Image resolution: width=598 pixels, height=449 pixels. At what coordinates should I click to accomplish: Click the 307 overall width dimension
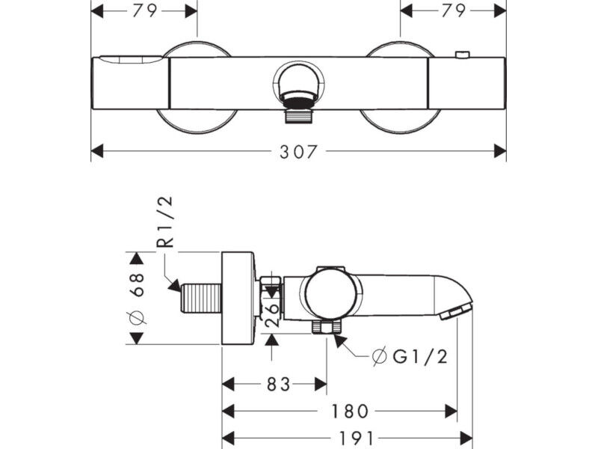coord(298,152)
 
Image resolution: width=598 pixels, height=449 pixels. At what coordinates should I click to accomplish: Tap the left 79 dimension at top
coord(144,10)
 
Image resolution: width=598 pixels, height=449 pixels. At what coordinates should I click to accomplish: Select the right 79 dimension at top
coord(454,10)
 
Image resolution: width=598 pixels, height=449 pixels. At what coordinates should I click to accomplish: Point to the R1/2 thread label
coord(165,222)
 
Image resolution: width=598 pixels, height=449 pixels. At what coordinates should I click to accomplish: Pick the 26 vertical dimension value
coord(274,315)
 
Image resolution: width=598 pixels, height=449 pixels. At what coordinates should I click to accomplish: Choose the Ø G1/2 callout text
coord(409,358)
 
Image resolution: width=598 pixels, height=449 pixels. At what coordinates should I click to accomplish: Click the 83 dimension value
coord(278,385)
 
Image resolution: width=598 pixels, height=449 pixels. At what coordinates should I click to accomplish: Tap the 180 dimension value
coord(350,412)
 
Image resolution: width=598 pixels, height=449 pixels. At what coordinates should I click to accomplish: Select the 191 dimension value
coord(355,438)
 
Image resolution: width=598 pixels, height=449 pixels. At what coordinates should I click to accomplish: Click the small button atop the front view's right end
coord(463,54)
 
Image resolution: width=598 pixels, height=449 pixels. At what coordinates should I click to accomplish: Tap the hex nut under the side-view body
coord(327,328)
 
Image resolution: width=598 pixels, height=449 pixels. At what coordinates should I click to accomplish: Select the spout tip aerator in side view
coord(456,312)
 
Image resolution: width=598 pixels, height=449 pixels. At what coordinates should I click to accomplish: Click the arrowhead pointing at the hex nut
coord(340,340)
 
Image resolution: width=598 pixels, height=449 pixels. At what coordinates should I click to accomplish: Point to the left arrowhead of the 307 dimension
coord(97,151)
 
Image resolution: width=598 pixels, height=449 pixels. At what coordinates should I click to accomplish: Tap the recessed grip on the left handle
coord(130,60)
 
